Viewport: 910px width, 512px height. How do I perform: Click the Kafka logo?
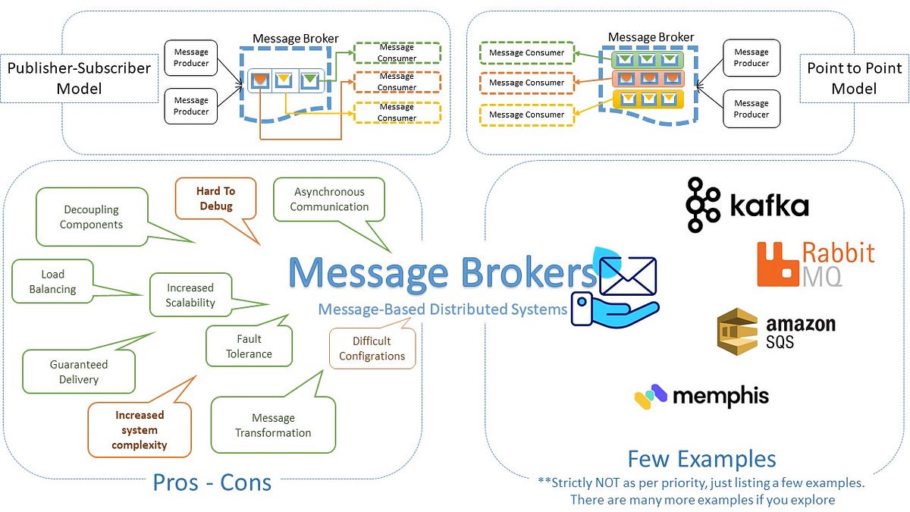[747, 205]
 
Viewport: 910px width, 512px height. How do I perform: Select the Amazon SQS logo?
[776, 331]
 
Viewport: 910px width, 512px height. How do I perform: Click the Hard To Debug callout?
[216, 199]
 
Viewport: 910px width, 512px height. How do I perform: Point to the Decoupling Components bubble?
[92, 217]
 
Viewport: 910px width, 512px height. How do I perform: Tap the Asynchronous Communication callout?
[329, 199]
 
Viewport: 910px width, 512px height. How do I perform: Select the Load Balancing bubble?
[53, 281]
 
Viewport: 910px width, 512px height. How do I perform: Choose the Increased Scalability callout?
[190, 295]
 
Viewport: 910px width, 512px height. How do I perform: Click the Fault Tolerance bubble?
[249, 346]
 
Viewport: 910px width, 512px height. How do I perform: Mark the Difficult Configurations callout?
[372, 348]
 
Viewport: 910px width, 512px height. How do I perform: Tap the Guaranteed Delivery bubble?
[79, 372]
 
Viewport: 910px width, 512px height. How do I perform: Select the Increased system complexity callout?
[140, 430]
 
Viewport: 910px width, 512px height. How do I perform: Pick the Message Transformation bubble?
[273, 426]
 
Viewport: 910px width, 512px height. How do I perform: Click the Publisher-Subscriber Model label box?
[79, 78]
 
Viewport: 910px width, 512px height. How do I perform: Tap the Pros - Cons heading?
[212, 482]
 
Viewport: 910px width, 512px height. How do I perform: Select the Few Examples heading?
[701, 459]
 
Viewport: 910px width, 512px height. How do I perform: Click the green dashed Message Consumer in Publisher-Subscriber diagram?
[397, 52]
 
